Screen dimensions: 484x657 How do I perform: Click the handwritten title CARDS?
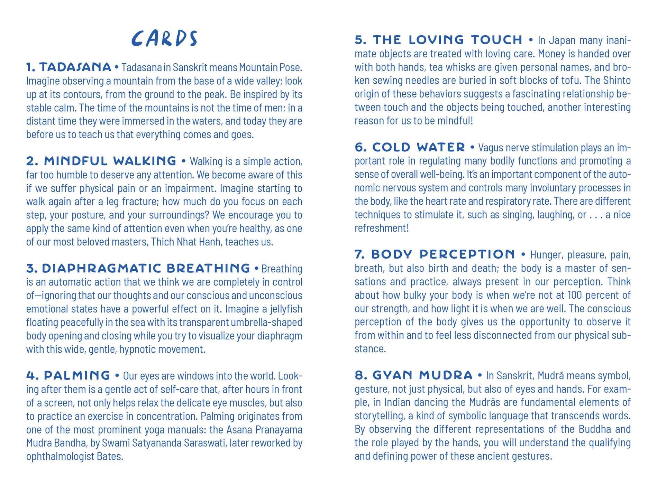coord(164,38)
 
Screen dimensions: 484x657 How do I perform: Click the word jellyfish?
coord(286,309)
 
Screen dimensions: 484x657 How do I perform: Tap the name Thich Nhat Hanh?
coord(185,242)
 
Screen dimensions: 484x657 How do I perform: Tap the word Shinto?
coord(617,81)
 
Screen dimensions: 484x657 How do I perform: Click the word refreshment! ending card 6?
coord(382,228)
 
